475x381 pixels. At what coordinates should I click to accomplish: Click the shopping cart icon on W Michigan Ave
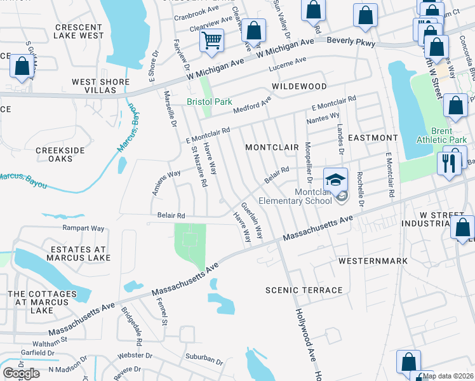click(211, 40)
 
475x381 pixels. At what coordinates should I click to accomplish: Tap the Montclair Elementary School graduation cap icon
click(336, 179)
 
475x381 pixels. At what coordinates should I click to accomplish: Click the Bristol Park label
click(209, 102)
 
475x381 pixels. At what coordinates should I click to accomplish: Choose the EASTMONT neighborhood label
click(373, 137)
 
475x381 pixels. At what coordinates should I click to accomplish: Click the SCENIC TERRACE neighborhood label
click(304, 290)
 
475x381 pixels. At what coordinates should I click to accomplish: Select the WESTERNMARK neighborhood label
click(372, 261)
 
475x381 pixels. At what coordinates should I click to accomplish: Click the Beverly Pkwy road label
click(351, 42)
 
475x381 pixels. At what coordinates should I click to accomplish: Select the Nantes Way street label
click(323, 117)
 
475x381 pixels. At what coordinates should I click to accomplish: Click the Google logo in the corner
click(21, 373)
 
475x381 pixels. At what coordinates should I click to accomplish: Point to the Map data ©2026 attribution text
click(448, 376)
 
